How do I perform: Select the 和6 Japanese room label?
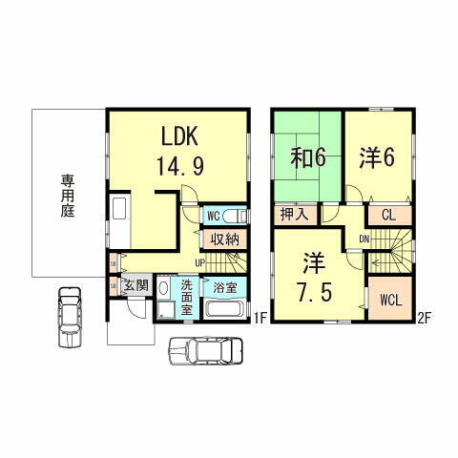[x=309, y=156]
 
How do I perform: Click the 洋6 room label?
[x=377, y=156]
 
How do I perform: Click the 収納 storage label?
[x=224, y=239]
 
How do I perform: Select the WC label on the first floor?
[x=214, y=216]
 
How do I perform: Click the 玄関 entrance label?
[x=135, y=284]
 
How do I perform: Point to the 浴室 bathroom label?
[x=225, y=286]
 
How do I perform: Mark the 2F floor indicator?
[x=424, y=320]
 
